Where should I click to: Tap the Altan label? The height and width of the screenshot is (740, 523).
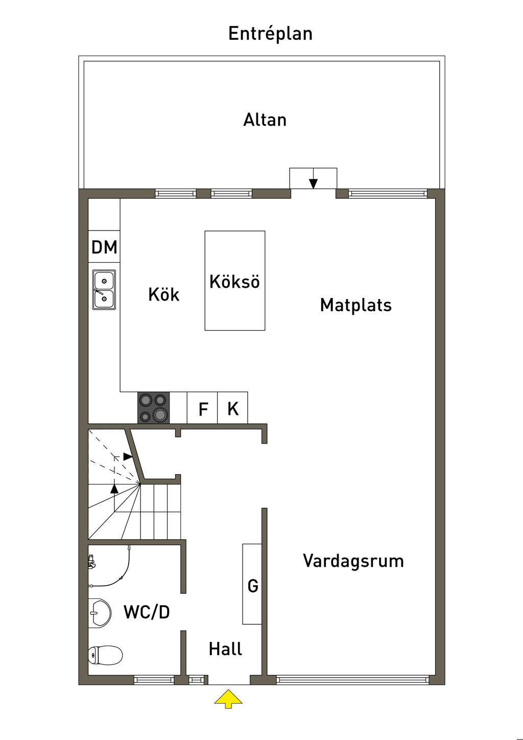(265, 120)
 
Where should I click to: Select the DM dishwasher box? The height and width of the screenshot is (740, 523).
(104, 247)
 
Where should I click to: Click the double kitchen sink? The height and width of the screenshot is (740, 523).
(104, 290)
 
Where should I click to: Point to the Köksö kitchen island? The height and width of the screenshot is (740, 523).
(235, 281)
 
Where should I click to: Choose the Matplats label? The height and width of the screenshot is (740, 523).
(356, 305)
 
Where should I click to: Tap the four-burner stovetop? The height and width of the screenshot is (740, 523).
(154, 408)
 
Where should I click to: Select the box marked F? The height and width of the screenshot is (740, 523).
(202, 408)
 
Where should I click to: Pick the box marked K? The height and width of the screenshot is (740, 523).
(233, 408)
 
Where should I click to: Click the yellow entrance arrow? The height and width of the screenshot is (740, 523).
(228, 699)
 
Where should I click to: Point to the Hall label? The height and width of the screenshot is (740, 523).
(226, 649)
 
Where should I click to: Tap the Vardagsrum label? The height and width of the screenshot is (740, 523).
(353, 561)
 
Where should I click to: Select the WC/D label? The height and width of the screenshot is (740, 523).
(147, 612)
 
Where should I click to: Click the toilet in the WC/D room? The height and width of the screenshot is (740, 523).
(105, 655)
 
